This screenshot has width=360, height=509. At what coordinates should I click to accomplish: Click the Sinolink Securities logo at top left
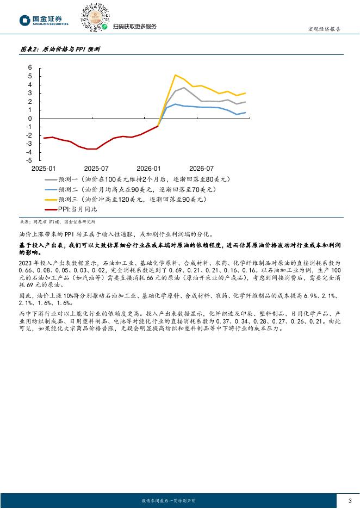click(x=44, y=20)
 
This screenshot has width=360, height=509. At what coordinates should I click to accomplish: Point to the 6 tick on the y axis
click(x=30, y=68)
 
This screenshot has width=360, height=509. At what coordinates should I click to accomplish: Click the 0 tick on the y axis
click(x=30, y=119)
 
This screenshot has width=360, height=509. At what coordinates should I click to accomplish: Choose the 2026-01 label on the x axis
click(x=148, y=169)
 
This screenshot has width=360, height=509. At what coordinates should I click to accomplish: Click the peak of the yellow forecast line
click(x=175, y=75)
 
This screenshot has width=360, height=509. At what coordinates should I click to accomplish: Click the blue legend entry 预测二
click(x=136, y=189)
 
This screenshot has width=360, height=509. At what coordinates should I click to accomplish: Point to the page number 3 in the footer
click(x=349, y=500)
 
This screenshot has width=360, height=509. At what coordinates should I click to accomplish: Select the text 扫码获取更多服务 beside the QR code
click(x=134, y=27)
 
